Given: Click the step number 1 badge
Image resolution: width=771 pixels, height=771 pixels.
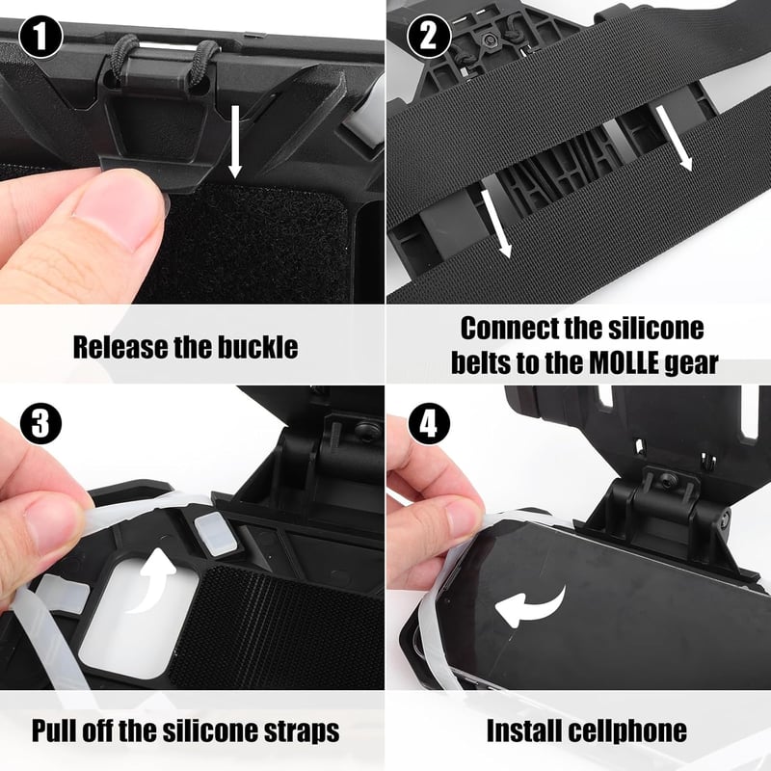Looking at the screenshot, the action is [x=40, y=38].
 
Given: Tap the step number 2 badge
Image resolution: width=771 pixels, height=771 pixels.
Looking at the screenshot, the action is [x=429, y=36].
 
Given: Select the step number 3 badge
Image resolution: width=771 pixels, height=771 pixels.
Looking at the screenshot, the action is [x=40, y=423].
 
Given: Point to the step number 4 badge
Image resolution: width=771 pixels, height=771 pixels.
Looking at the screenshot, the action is [x=429, y=423].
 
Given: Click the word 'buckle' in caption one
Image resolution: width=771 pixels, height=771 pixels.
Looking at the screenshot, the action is [x=257, y=347].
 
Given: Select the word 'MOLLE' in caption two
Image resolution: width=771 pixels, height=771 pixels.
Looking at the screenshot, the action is [x=624, y=363].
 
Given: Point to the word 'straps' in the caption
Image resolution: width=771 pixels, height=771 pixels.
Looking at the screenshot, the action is [x=302, y=732].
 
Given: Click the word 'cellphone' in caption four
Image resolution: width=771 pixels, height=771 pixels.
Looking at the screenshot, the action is [x=627, y=731].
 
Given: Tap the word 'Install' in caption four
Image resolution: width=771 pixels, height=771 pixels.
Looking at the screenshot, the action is [x=524, y=731].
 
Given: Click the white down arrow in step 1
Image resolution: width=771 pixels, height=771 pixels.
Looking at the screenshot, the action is [x=235, y=141].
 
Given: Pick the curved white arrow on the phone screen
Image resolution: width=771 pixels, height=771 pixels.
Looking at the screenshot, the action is [x=530, y=607].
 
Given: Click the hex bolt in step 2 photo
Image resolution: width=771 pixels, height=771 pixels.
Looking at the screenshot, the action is [x=489, y=40].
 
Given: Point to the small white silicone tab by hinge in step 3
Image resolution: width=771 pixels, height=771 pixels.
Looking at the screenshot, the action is [x=215, y=535].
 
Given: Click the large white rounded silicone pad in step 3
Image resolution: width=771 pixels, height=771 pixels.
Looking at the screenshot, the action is [x=139, y=617].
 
